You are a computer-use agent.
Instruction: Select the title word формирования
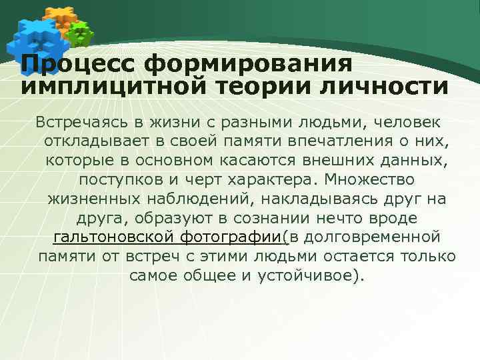click(248, 65)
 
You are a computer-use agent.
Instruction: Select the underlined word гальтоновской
click(113, 237)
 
